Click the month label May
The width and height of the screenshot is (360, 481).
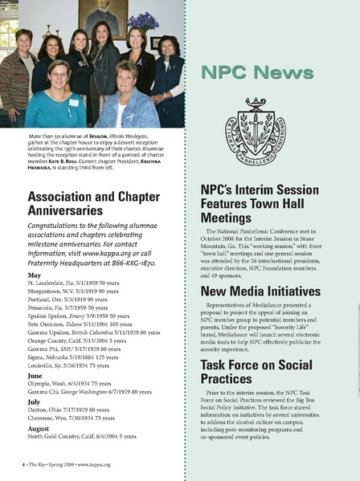tap(34, 275)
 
